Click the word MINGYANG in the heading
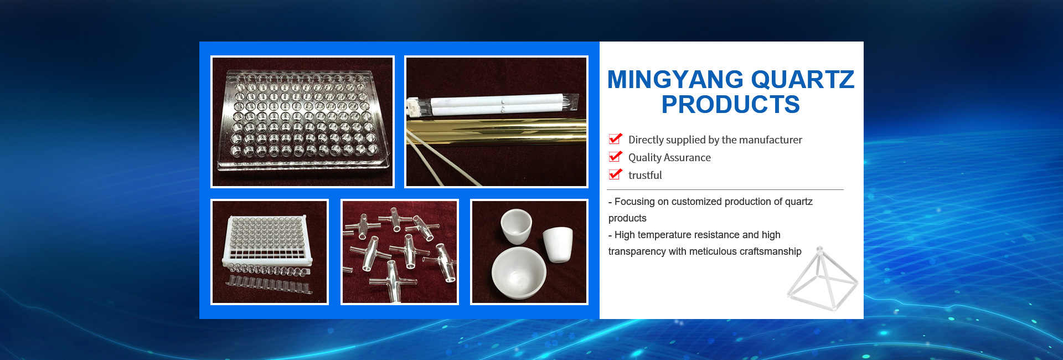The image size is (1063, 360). click(x=675, y=80)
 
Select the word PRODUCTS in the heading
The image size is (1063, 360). click(x=731, y=105)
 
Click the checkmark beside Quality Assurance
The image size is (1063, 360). click(x=615, y=157)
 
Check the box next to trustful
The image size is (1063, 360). click(x=615, y=174)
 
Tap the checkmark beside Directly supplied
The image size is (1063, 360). click(x=615, y=139)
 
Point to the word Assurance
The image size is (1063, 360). click(x=688, y=158)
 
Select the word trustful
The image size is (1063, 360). click(x=645, y=176)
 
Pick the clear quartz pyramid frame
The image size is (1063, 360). click(x=822, y=279)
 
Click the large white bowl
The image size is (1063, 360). click(x=519, y=273)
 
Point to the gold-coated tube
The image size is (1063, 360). click(x=496, y=132)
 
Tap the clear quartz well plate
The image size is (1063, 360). click(x=302, y=119)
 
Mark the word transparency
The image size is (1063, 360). click(x=637, y=251)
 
